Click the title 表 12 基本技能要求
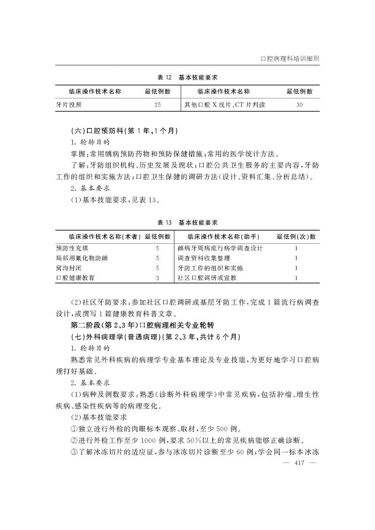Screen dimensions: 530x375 (x=187, y=77)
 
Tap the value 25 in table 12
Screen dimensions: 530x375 (x=157, y=105)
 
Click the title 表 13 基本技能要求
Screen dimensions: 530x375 (x=187, y=222)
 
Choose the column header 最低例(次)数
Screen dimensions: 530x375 (x=296, y=237)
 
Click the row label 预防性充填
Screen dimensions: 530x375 (x=72, y=248)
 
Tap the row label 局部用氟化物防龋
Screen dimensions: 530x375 (x=82, y=258)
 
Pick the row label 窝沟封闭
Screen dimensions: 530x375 (x=68, y=268)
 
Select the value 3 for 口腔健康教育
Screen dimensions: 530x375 (x=157, y=278)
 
